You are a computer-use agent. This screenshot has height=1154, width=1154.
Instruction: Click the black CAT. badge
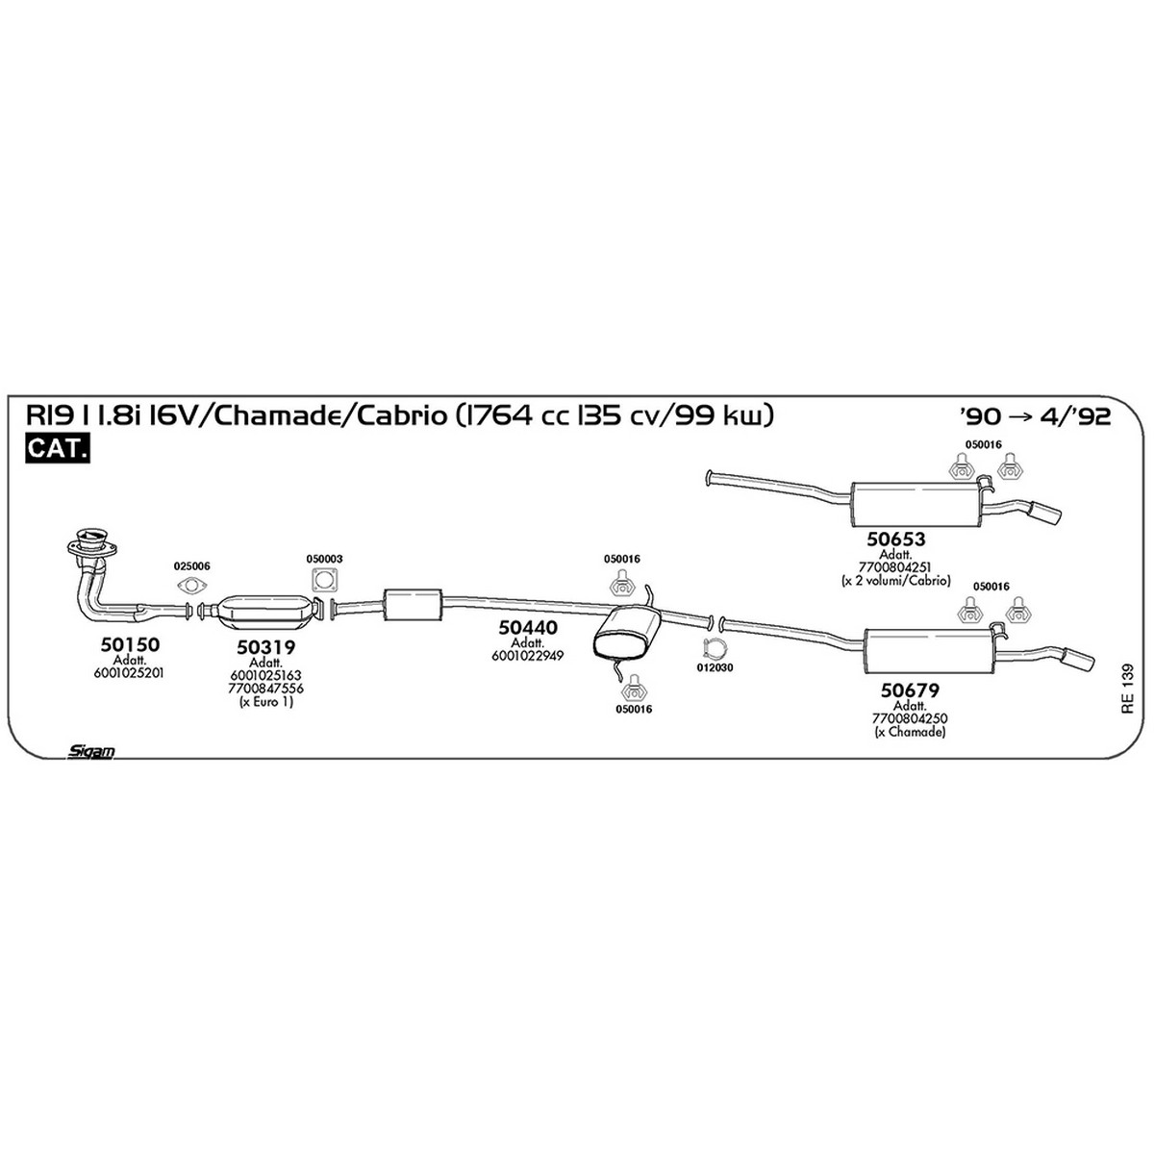(x=58, y=448)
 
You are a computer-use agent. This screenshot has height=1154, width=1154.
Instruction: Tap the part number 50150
(x=130, y=644)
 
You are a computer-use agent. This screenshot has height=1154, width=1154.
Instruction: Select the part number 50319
(x=265, y=647)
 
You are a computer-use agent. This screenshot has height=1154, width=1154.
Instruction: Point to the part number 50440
(x=528, y=627)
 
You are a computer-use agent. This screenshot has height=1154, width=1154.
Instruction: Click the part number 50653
(x=896, y=539)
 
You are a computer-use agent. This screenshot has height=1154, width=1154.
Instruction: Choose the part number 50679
(x=910, y=690)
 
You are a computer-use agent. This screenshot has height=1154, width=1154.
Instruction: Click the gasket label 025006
(x=191, y=565)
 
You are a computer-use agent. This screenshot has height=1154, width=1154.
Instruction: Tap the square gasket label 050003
(x=324, y=559)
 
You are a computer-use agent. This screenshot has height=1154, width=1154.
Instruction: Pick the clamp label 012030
(x=715, y=667)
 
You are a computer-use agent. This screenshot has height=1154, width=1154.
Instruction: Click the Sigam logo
(x=90, y=751)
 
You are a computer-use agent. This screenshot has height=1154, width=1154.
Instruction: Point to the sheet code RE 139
(x=1128, y=689)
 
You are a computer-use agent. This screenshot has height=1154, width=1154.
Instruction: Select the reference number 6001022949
(x=527, y=656)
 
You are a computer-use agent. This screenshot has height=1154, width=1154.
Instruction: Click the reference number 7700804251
(x=894, y=567)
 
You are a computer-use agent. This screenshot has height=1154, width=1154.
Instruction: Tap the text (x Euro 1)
(x=265, y=702)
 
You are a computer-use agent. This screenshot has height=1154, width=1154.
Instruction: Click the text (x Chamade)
(x=910, y=732)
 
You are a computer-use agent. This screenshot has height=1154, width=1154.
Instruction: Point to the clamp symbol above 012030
(x=714, y=648)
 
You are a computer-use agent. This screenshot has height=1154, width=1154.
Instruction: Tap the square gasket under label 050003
(x=325, y=580)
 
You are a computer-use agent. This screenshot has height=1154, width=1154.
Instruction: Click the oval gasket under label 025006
(x=191, y=585)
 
